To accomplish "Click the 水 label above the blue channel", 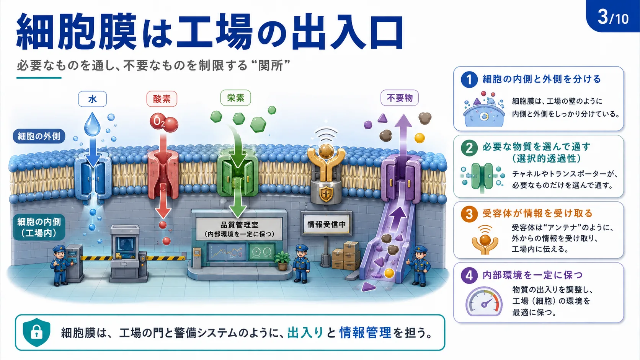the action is coord(92,99).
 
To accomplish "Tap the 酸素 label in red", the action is coord(162,99).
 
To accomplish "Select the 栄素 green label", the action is coord(236,98).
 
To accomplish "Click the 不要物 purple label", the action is coord(400,98).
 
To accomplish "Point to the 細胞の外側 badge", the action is coord(39,136).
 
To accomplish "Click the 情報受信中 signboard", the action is coord(326,225).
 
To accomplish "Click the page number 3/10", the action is coord(613,17).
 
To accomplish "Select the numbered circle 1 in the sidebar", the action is coord(469,79).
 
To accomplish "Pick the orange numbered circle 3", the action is coord(469,214).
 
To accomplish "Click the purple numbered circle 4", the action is coord(469,275).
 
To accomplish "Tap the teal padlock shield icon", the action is coord(37,332).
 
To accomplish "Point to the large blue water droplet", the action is coord(92,124).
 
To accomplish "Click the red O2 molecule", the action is coord(164,123).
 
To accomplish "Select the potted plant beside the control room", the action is coord(282,261).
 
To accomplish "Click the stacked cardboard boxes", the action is coord(346,256).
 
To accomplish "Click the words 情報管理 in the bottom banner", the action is coord(365,332).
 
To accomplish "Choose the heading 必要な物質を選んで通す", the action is coord(537,147).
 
